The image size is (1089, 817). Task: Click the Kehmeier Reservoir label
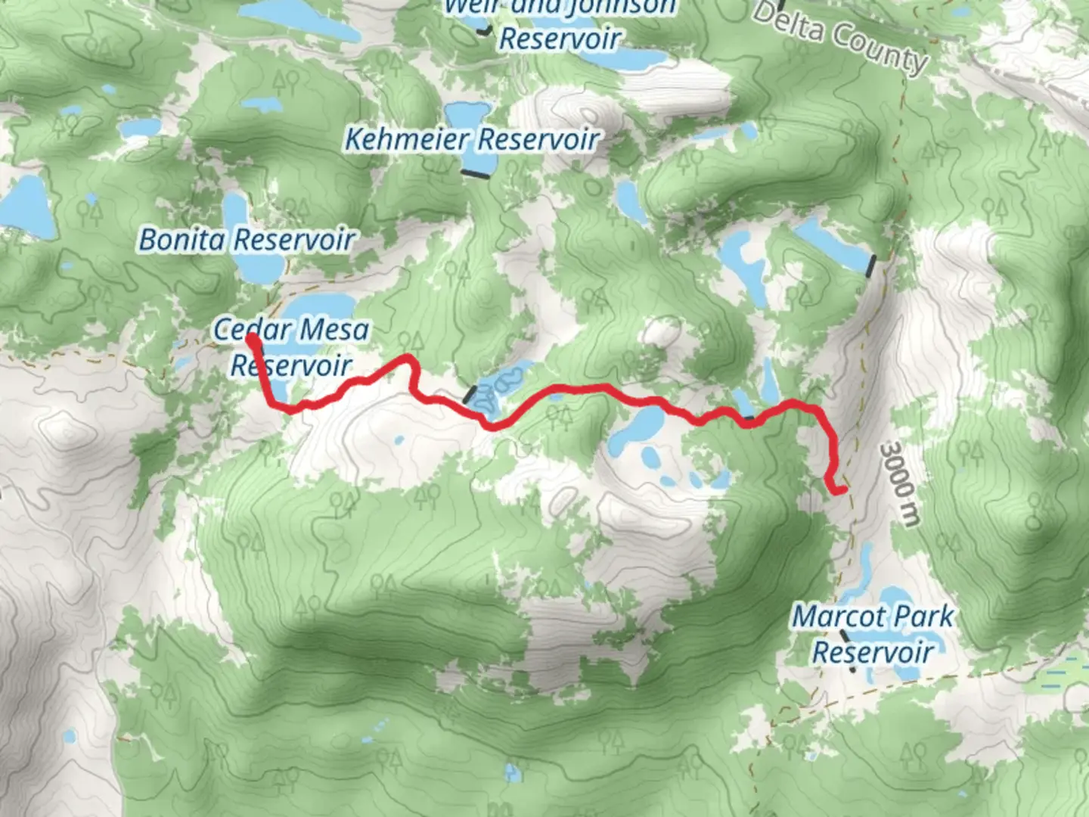pos(472,140)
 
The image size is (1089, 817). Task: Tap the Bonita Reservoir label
pos(247,241)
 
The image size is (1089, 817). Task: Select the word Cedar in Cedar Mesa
pos(250,330)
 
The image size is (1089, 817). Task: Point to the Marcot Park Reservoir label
pos(873,634)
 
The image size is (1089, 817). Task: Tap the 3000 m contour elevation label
pos(901,484)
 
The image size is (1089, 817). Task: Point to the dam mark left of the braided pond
pos(470,394)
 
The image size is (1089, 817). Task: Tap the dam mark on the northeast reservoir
pos(871,266)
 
